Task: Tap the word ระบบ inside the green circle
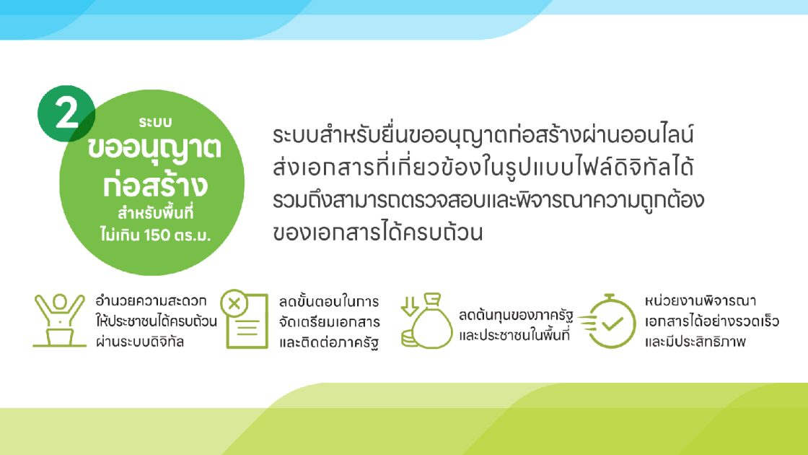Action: pyautogui.click(x=155, y=122)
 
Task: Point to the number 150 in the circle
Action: pyautogui.click(x=157, y=235)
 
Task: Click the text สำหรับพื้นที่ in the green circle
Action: pyautogui.click(x=156, y=212)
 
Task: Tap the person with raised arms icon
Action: pyautogui.click(x=59, y=320)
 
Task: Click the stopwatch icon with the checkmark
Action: pyautogui.click(x=607, y=321)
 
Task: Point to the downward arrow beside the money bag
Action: pyautogui.click(x=410, y=306)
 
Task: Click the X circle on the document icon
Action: pyautogui.click(x=234, y=303)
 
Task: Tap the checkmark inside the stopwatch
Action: pyautogui.click(x=612, y=324)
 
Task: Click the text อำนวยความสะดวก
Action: pyautogui.click(x=151, y=300)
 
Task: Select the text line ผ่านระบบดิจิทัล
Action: pyautogui.click(x=140, y=342)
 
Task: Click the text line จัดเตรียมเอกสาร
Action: pyautogui.click(x=330, y=322)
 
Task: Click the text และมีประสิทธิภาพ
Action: pyautogui.click(x=695, y=342)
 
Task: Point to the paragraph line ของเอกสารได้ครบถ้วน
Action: pyautogui.click(x=378, y=232)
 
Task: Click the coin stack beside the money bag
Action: pyautogui.click(x=410, y=339)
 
